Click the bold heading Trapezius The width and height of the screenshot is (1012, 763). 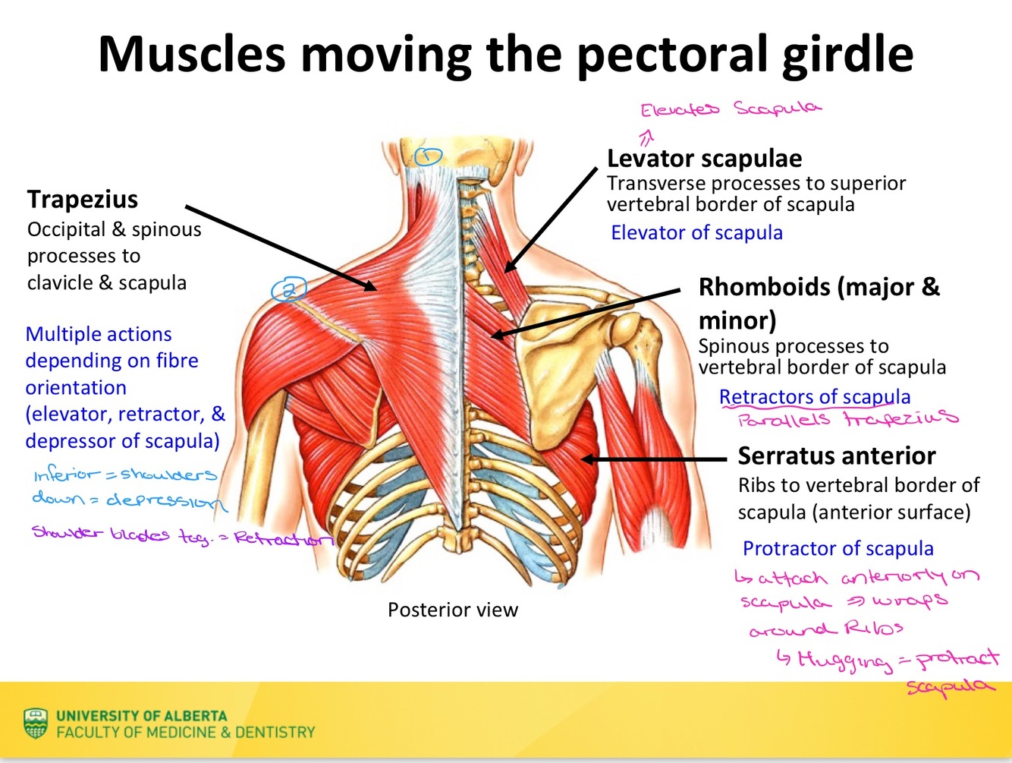pos(83,199)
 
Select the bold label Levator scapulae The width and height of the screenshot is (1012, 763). pos(704,159)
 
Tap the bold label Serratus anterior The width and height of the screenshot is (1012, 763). pos(836,456)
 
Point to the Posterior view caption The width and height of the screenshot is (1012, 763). pos(452,610)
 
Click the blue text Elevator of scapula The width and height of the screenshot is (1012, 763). pos(696,232)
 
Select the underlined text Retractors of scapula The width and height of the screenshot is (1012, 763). pos(814,397)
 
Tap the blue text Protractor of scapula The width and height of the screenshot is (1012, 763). pos(838,548)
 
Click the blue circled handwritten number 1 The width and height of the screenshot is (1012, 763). pos(428,156)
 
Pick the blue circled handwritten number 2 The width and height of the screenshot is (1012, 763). pos(289,289)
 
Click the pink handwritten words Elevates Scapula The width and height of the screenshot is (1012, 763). pos(731,109)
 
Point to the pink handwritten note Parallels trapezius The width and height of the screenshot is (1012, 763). pos(847,419)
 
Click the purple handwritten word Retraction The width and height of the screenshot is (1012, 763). pos(282,538)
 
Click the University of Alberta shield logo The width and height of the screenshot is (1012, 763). pos(36,724)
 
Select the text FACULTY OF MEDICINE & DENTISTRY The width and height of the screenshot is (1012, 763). pos(185,733)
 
